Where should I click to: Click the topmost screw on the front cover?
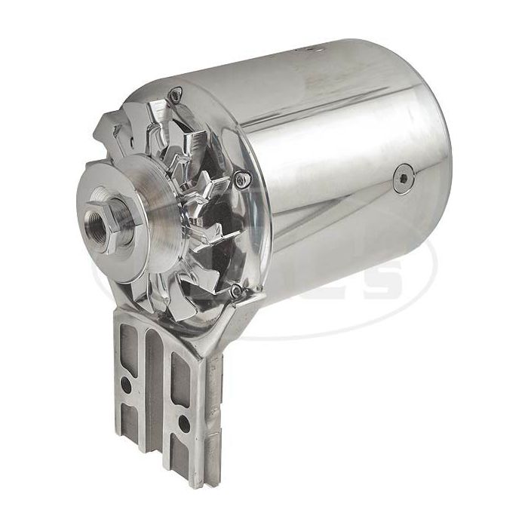coord(176,95)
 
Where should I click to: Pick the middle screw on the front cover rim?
coord(241,179)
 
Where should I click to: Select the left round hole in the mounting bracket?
coord(127,383)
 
